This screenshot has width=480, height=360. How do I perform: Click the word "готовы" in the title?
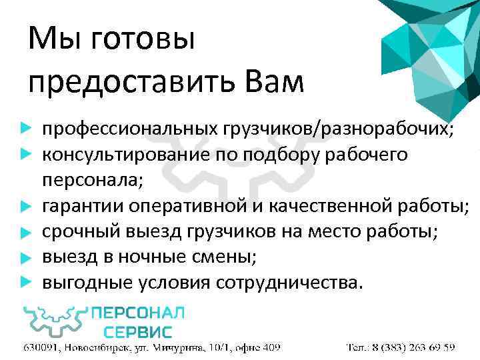[142, 41]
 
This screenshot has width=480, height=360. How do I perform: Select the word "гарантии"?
[79, 206]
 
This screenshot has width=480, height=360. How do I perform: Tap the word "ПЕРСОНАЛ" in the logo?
[137, 314]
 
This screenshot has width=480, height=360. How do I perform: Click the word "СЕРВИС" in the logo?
[137, 331]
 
